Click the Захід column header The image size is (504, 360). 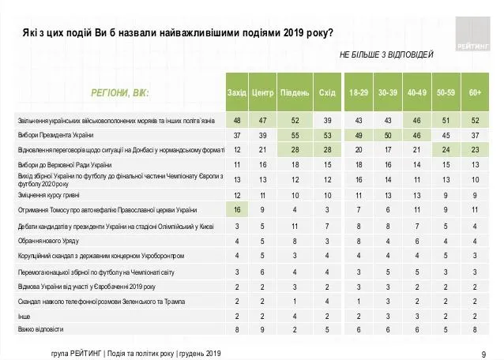click(x=237, y=92)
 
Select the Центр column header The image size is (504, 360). click(x=262, y=92)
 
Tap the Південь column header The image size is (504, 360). click(x=295, y=92)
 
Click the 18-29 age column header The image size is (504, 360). click(x=359, y=92)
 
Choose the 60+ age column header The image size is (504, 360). click(x=476, y=92)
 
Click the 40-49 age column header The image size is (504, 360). click(x=417, y=92)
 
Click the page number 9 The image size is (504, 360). click(x=483, y=352)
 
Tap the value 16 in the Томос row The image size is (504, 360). click(x=237, y=210)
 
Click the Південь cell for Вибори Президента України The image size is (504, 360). click(x=295, y=135)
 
